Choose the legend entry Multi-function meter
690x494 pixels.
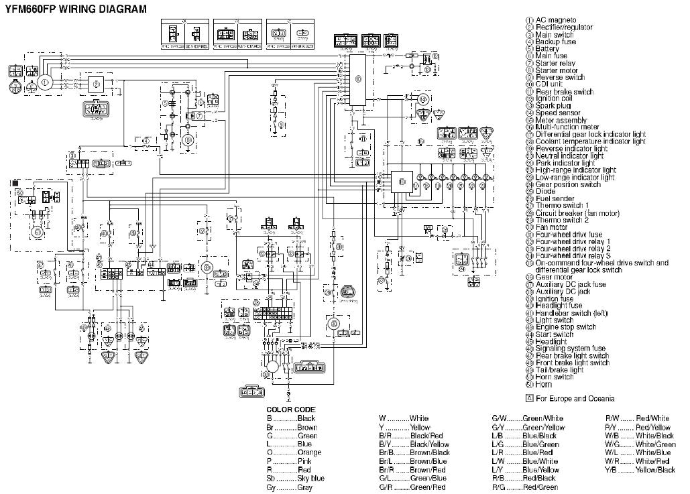(x=567, y=127)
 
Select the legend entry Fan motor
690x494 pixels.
(x=551, y=227)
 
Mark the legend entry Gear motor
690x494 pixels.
(x=553, y=277)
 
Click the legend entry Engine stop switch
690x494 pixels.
(x=565, y=327)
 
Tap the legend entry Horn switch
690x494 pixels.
(x=555, y=377)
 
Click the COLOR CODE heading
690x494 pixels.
(x=290, y=409)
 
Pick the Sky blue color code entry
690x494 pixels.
(x=310, y=479)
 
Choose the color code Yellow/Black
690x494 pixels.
(x=655, y=470)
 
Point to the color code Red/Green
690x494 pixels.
(x=542, y=487)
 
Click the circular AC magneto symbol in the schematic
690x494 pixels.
(x=45, y=82)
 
